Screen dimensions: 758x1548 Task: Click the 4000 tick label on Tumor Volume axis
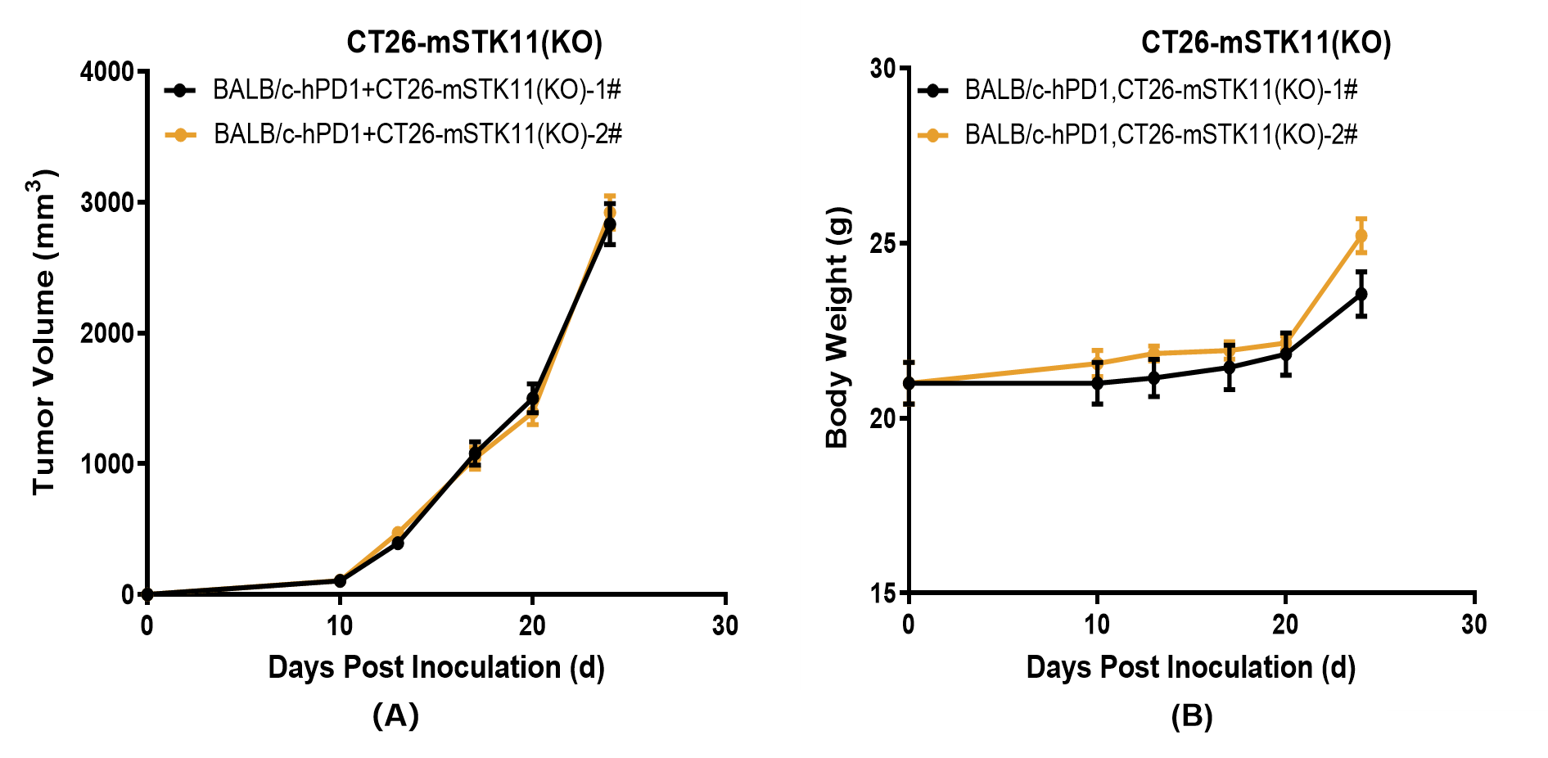pos(106,72)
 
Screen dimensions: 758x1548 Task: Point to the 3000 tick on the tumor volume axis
pos(106,202)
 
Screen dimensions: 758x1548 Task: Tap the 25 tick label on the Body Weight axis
pos(883,243)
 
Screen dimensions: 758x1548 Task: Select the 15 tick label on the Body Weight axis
pos(883,593)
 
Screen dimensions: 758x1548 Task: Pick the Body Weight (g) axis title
pos(837,327)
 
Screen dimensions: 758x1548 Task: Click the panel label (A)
pos(395,715)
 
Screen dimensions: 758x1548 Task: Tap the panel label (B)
pos(1191,716)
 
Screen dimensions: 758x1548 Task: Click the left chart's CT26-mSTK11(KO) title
pos(474,43)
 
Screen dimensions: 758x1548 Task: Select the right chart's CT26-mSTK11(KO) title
pos(1266,43)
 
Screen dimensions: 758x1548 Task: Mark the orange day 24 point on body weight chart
pos(1361,236)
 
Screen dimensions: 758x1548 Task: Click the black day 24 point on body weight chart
pos(1361,294)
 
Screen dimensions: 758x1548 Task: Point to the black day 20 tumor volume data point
pos(533,399)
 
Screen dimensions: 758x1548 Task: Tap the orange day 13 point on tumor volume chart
pos(398,533)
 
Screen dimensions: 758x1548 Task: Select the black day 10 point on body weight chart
pos(1097,383)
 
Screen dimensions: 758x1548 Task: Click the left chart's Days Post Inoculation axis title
pos(436,667)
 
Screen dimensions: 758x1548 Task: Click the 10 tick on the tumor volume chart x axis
pos(340,626)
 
